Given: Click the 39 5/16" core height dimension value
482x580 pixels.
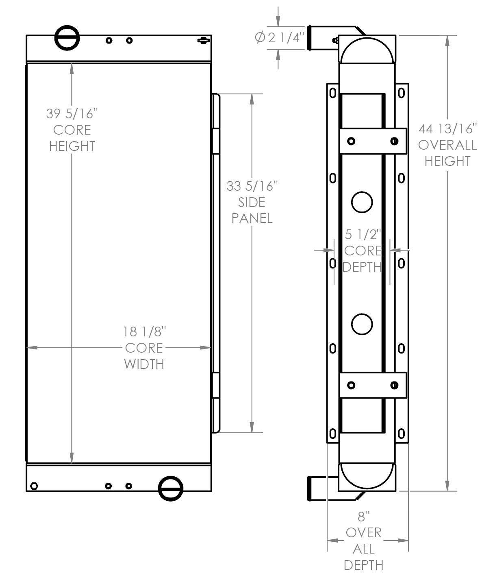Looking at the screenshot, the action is click(x=72, y=113).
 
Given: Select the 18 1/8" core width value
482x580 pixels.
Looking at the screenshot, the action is click(x=144, y=331).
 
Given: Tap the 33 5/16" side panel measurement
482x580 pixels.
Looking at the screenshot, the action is click(x=252, y=186).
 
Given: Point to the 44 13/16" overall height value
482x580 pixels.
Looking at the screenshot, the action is click(x=447, y=129).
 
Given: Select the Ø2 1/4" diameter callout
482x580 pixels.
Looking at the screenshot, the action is click(x=280, y=37).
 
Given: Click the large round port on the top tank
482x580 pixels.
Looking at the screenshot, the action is click(x=67, y=38).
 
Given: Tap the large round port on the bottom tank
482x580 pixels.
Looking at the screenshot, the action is click(x=170, y=488).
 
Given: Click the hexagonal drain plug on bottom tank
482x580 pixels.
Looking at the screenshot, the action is click(x=34, y=486).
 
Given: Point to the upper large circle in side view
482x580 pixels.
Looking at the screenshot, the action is click(x=362, y=202).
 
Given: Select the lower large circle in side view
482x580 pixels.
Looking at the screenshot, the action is click(x=362, y=324).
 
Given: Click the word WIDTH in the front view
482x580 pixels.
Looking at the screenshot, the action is click(x=144, y=364).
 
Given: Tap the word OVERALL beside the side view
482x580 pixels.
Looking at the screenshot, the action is click(x=447, y=145).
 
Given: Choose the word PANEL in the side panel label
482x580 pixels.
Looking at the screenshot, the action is click(x=252, y=218).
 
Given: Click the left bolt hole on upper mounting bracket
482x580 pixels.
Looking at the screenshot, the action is click(x=351, y=141).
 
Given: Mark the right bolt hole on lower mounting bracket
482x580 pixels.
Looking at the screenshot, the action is click(x=394, y=385).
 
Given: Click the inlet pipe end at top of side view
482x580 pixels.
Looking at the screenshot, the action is click(x=309, y=38).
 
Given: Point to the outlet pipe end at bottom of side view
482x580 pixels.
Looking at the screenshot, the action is click(x=309, y=488).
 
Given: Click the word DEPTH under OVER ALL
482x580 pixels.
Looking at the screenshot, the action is click(x=363, y=565).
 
